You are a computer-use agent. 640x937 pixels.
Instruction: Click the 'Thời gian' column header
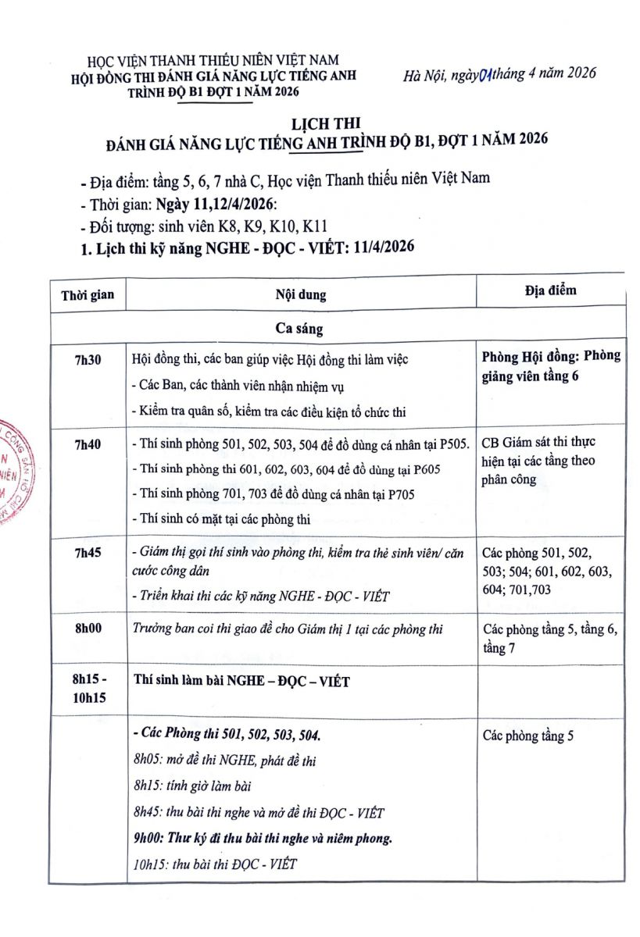(x=88, y=294)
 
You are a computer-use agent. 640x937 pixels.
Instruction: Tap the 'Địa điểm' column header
(x=551, y=290)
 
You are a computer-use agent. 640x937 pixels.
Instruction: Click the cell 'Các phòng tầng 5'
(x=527, y=736)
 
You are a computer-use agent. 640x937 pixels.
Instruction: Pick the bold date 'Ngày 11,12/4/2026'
(x=216, y=205)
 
